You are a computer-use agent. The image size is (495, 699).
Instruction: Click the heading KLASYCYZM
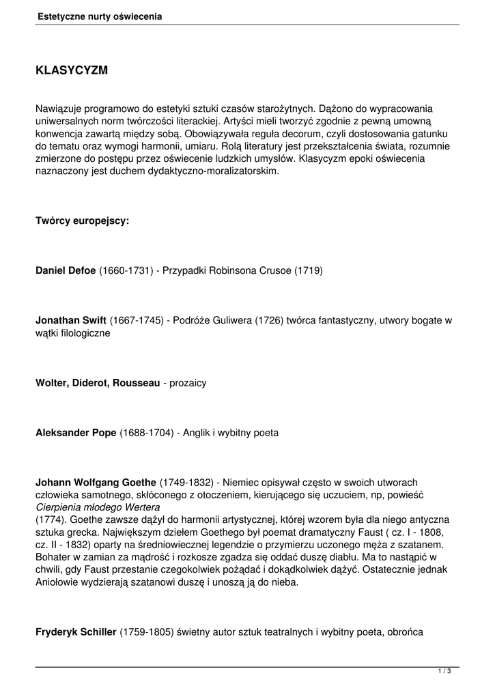pyautogui.click(x=72, y=70)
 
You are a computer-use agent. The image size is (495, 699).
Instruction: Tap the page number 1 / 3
pyautogui.click(x=444, y=672)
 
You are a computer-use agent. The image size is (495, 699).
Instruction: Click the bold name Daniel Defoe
pyautogui.click(x=66, y=270)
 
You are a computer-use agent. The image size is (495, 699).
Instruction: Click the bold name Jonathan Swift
pyautogui.click(x=71, y=320)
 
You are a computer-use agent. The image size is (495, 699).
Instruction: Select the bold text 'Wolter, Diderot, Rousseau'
pyautogui.click(x=97, y=383)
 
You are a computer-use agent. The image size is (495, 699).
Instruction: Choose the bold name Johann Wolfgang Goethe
pyautogui.click(x=96, y=483)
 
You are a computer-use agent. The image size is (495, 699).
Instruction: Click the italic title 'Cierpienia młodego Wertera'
pyautogui.click(x=98, y=507)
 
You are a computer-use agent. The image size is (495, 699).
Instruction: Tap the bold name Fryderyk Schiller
pyautogui.click(x=76, y=631)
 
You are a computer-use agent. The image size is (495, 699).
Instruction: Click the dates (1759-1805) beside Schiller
pyautogui.click(x=147, y=631)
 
